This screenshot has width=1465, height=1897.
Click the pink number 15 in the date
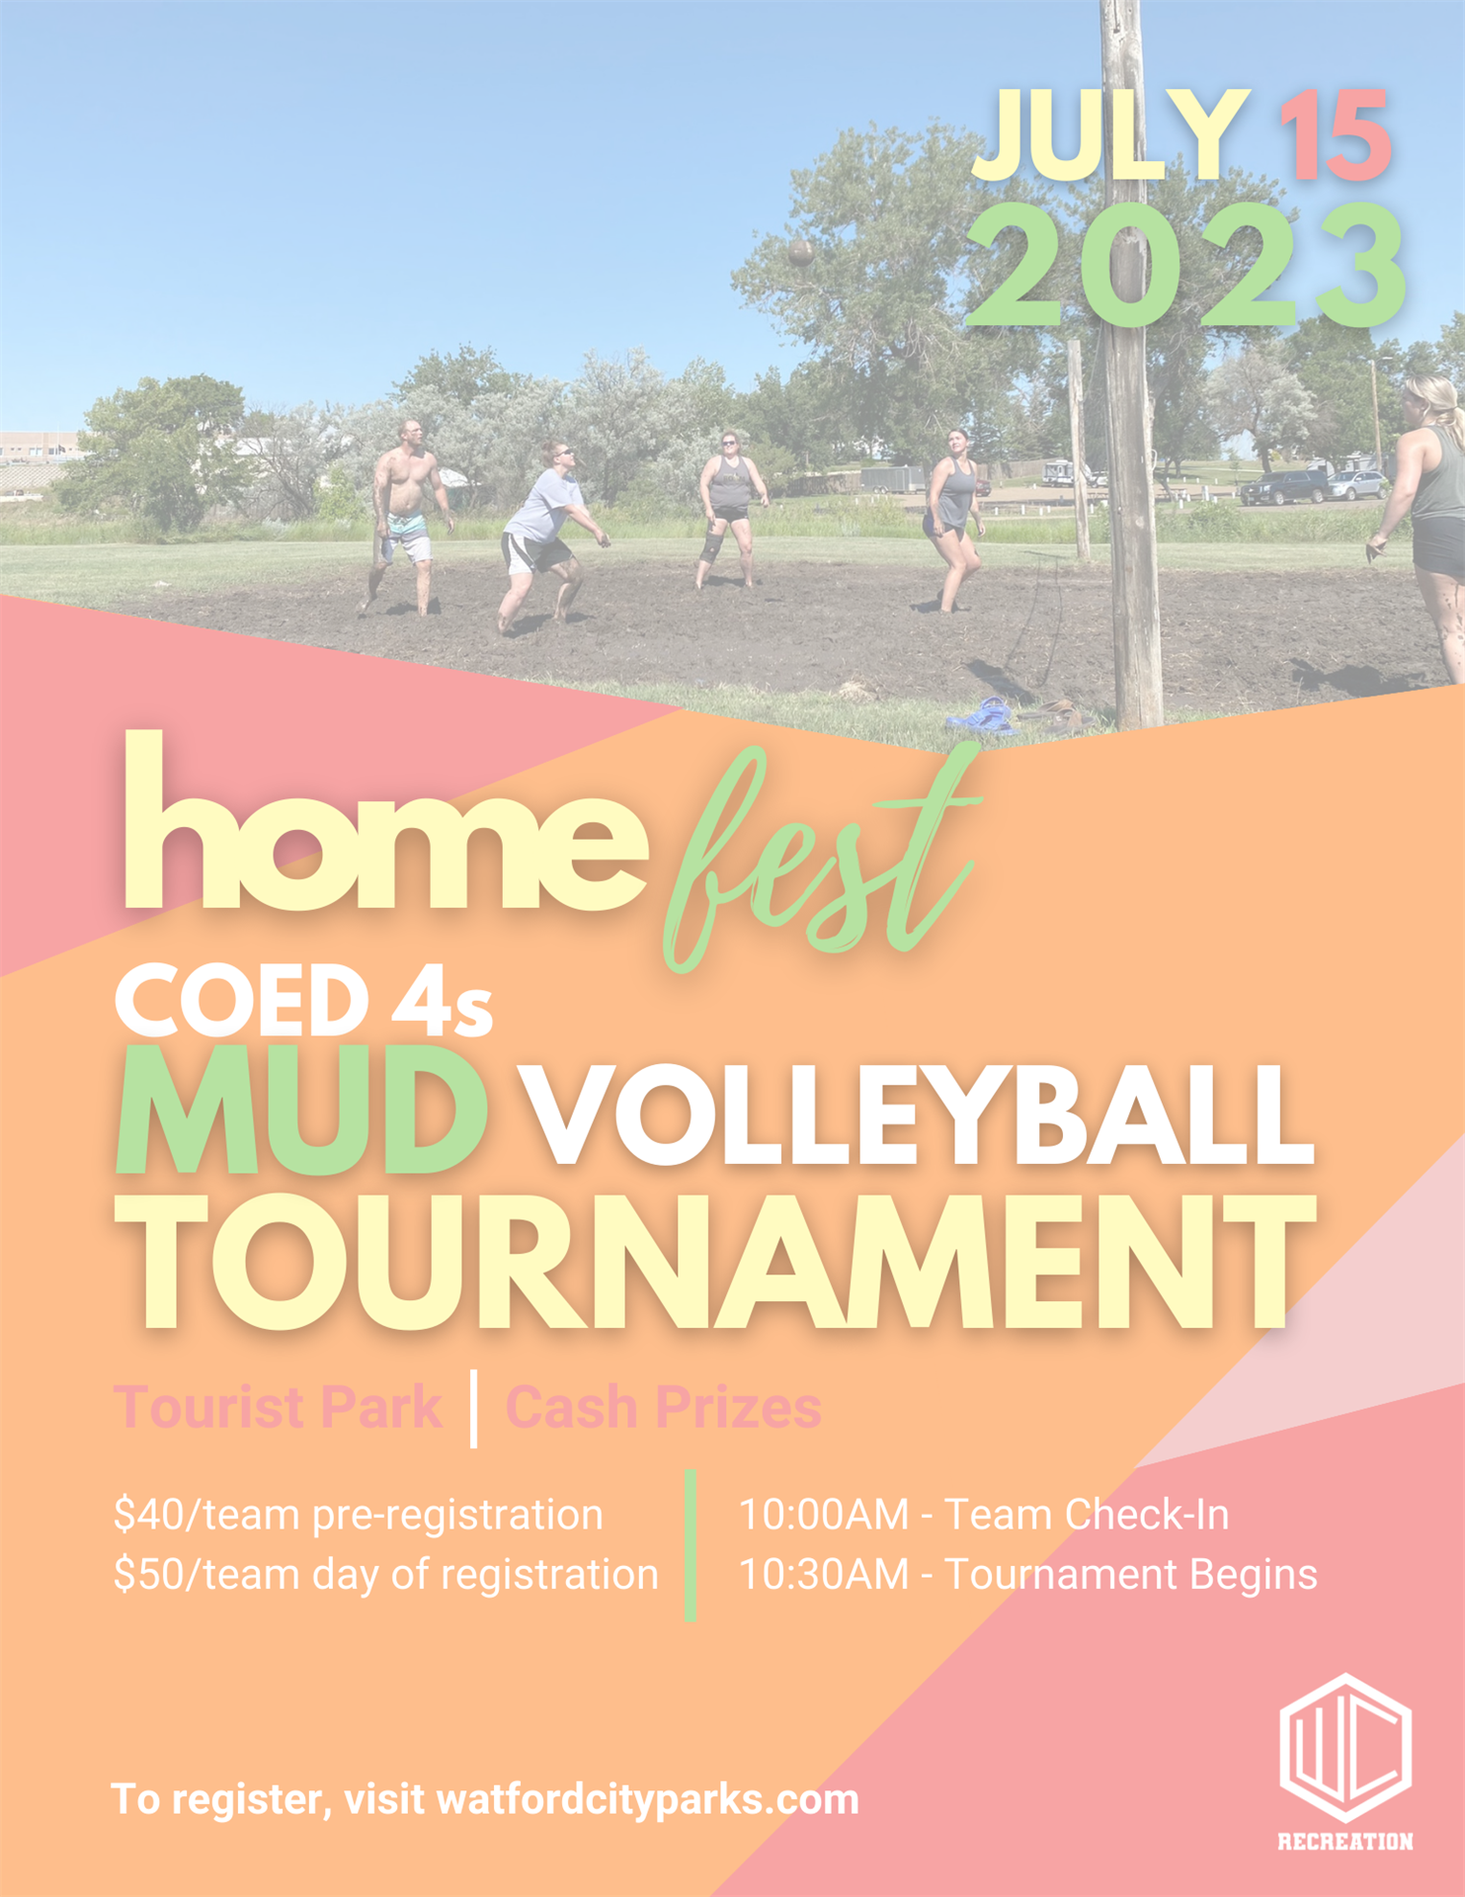(1336, 135)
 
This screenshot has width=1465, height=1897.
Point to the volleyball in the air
(801, 251)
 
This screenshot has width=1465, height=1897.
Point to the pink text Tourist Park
(279, 1407)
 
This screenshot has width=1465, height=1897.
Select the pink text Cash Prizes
(663, 1407)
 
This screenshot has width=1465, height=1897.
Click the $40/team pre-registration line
(358, 1516)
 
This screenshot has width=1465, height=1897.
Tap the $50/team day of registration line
(385, 1575)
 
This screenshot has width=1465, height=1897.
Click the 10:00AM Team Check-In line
(984, 1515)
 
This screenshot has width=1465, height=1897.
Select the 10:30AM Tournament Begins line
(1028, 1575)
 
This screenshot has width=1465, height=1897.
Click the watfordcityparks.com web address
(647, 1800)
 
